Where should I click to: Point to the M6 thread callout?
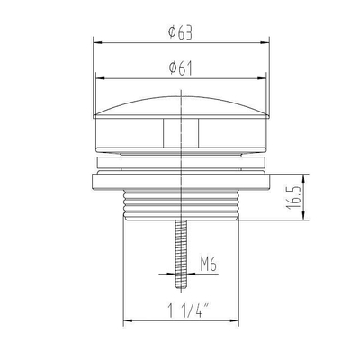(209, 265)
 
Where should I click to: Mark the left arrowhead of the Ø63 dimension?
(96, 41)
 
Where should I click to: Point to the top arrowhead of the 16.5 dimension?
(302, 176)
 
